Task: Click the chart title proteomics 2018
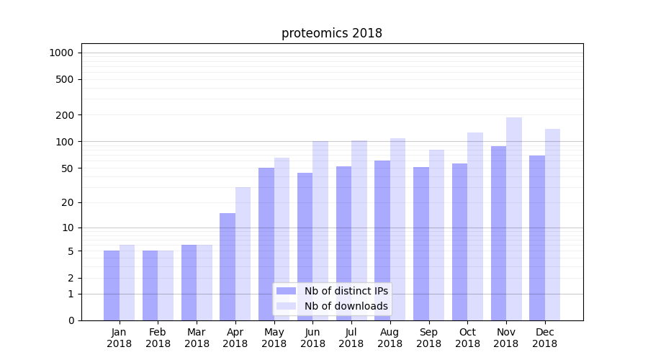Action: click(x=331, y=33)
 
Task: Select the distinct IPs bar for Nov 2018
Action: click(x=498, y=233)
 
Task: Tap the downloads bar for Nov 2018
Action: click(x=514, y=219)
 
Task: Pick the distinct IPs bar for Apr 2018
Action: click(x=228, y=266)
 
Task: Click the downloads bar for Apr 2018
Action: click(x=243, y=253)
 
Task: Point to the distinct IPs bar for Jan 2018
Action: click(x=112, y=285)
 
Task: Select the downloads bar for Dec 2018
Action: click(x=553, y=225)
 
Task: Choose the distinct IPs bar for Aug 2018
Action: click(x=382, y=240)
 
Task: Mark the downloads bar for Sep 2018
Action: click(x=436, y=235)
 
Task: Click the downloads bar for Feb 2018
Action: click(x=166, y=285)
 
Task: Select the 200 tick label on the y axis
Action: click(x=65, y=115)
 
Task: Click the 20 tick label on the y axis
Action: click(x=67, y=202)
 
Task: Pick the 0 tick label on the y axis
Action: click(x=71, y=320)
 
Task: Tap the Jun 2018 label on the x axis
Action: click(x=312, y=338)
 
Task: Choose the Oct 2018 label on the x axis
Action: click(x=467, y=338)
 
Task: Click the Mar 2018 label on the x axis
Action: click(x=197, y=338)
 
